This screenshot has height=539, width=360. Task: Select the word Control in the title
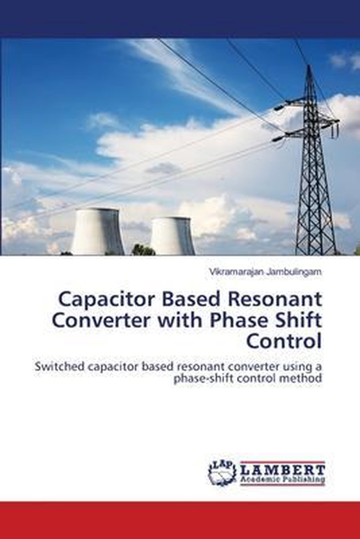(x=284, y=342)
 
